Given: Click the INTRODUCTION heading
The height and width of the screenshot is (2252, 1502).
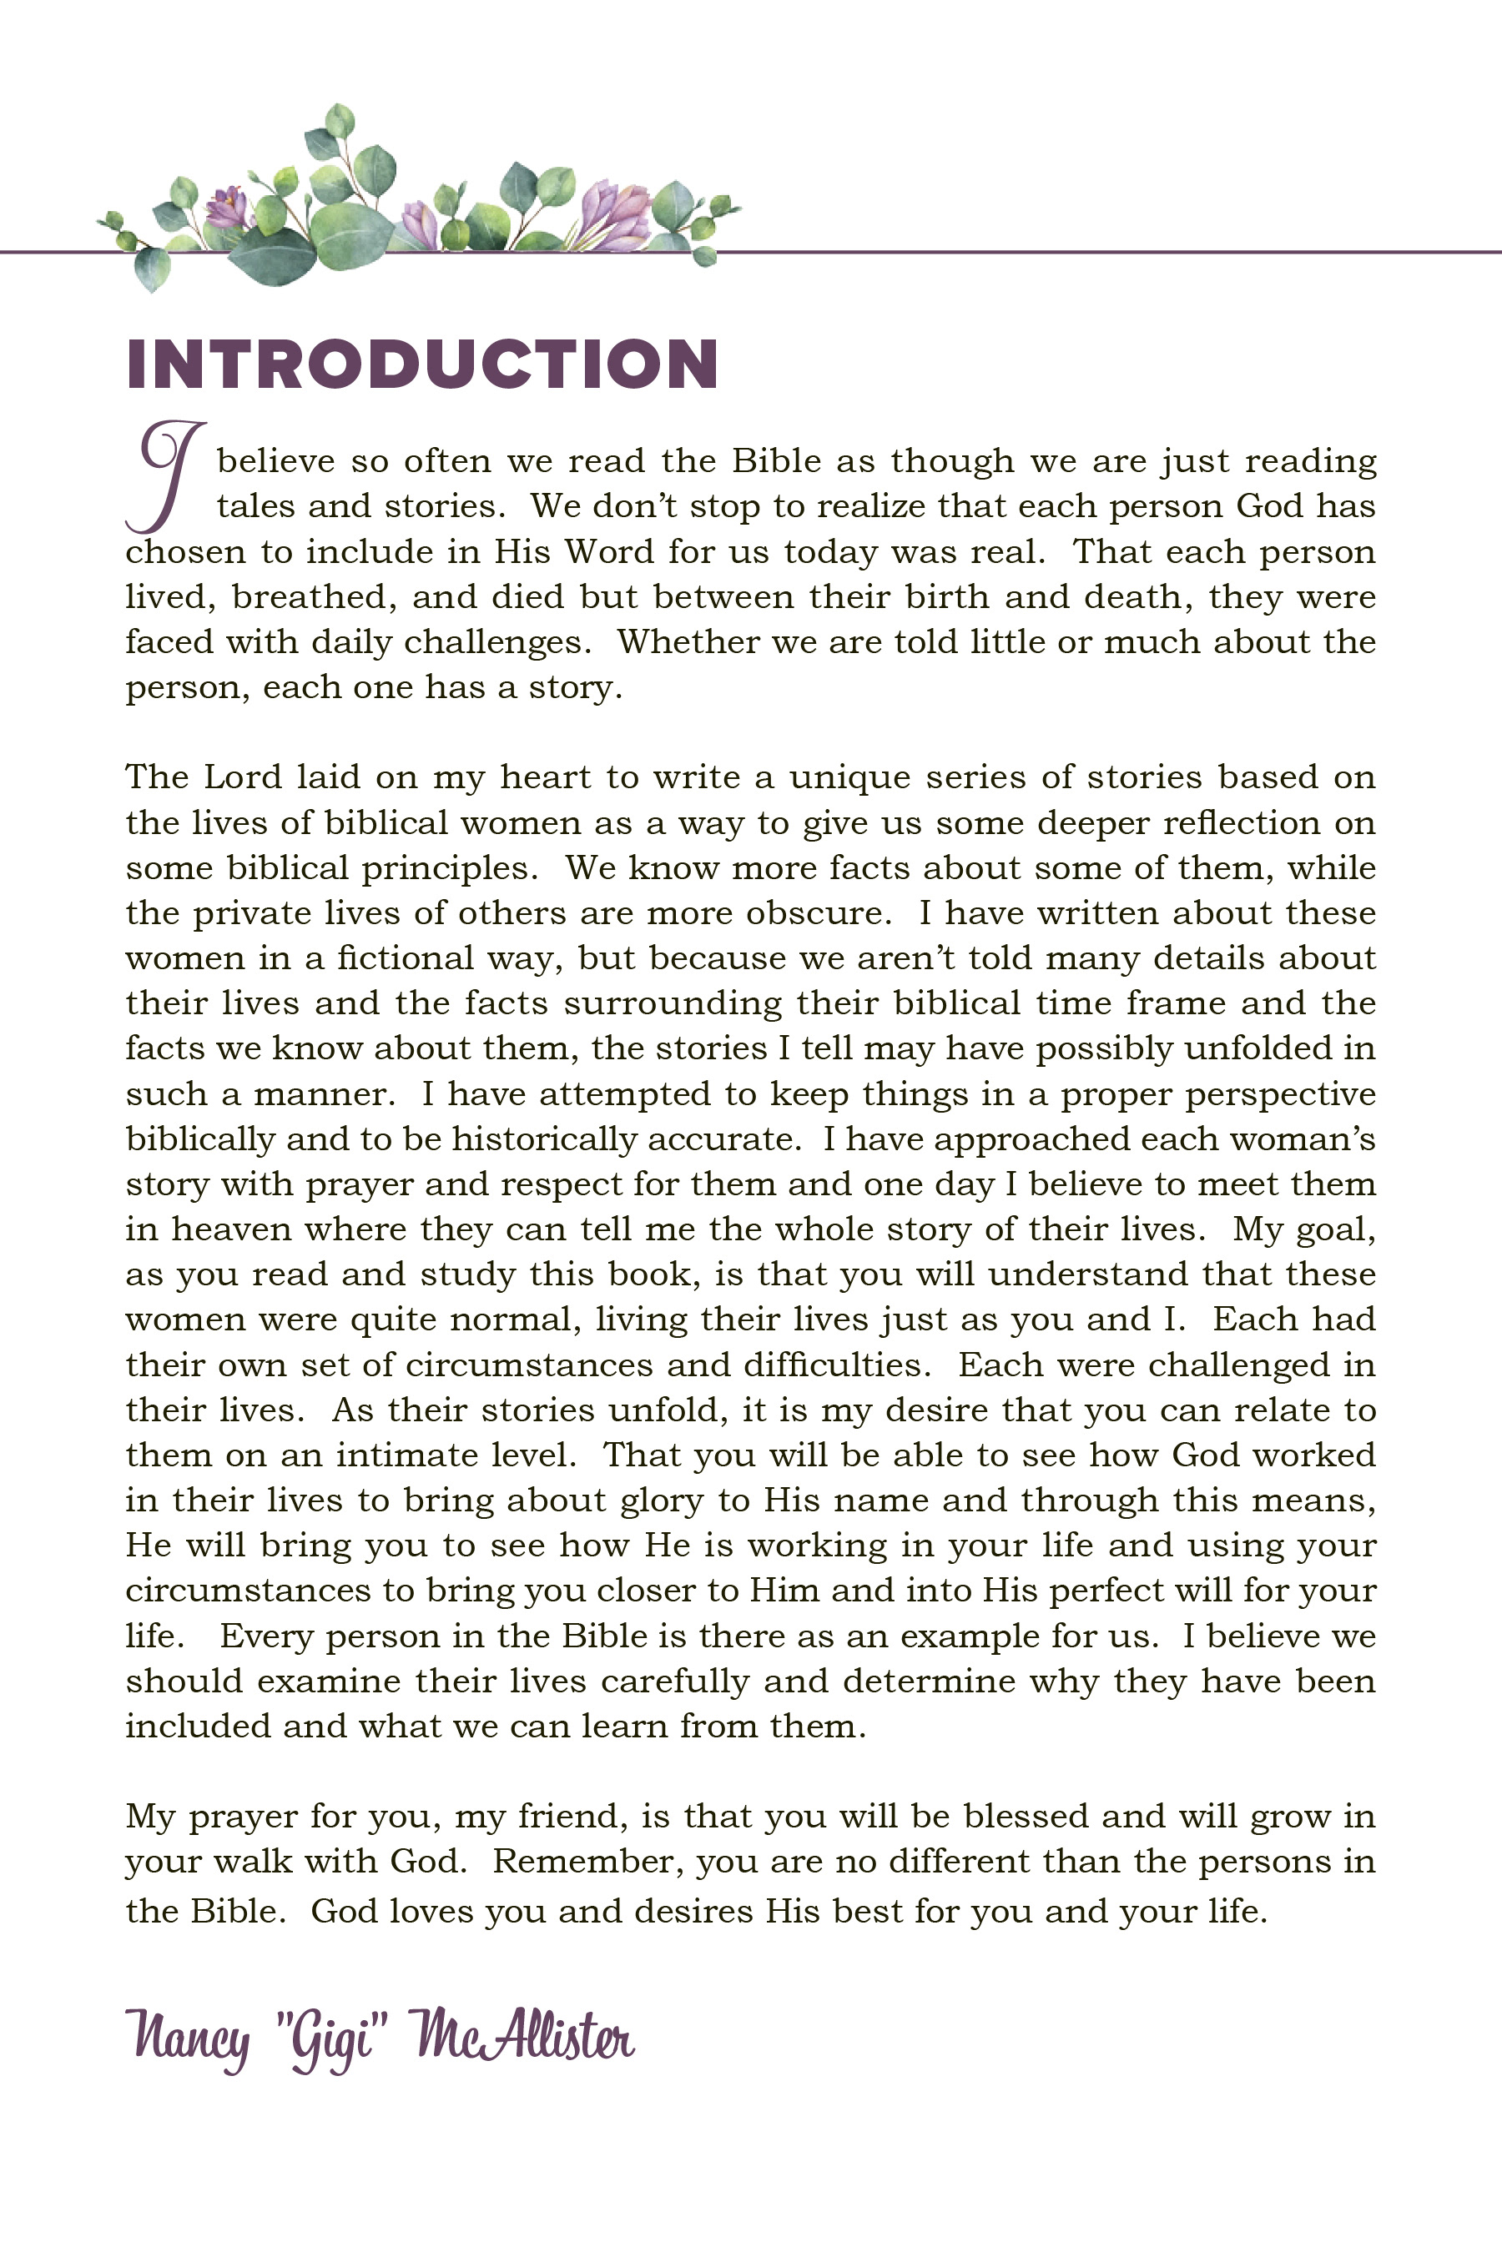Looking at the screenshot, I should tap(421, 364).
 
